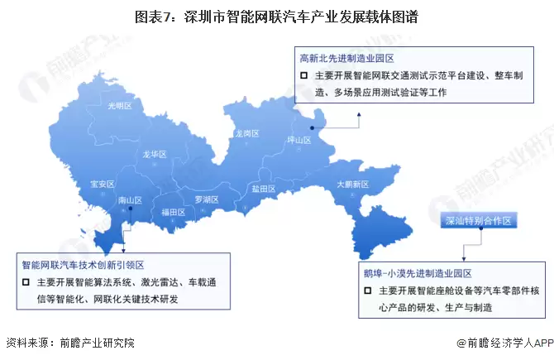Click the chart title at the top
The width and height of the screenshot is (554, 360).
point(276,17)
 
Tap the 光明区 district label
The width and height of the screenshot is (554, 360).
point(120,106)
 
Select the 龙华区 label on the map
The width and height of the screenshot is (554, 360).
point(154,154)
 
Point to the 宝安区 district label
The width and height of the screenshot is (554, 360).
point(102,184)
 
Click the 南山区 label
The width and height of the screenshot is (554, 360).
point(131,200)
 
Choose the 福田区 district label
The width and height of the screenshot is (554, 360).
point(174,212)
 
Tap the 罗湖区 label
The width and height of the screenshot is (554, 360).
point(206,199)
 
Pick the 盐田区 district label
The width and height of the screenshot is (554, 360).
point(263,189)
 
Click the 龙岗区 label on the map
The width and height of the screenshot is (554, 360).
point(246,132)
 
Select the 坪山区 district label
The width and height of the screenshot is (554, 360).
point(298,140)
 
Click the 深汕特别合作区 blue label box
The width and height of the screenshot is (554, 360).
point(480,221)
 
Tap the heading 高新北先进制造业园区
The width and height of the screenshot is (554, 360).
point(346,59)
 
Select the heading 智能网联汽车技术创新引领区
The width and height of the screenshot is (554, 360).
point(83,265)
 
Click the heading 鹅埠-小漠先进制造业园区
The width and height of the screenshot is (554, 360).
point(417,273)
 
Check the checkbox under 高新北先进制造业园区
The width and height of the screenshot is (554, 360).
point(304,77)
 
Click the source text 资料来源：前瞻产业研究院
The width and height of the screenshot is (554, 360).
point(69,343)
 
